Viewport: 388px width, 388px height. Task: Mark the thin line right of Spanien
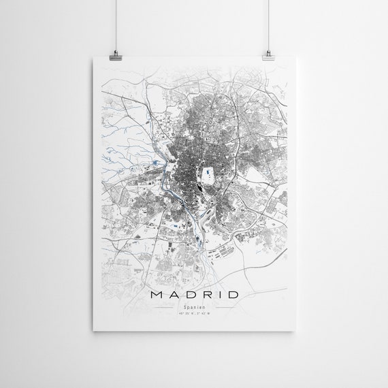[x=221, y=308]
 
